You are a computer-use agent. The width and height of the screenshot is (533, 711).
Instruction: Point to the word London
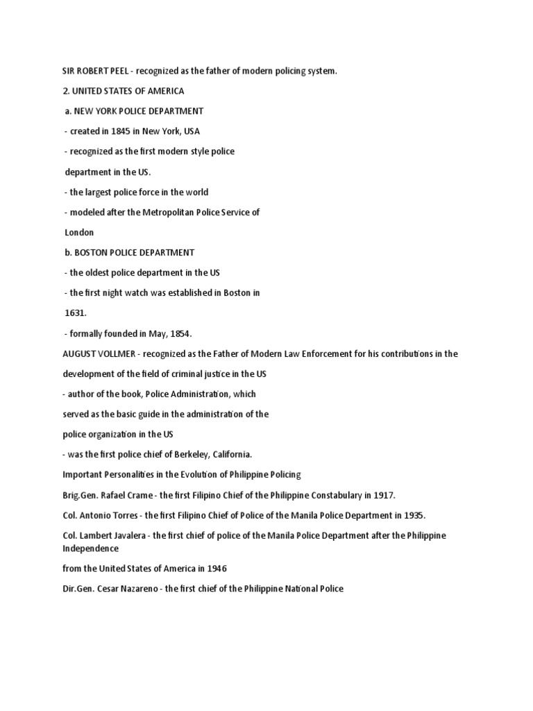tap(79, 233)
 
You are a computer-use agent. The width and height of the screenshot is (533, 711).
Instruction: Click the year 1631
tap(76, 313)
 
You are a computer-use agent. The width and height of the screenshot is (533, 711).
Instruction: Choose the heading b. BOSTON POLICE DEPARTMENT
tap(130, 253)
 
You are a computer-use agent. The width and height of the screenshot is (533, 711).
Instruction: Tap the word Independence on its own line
tap(91, 549)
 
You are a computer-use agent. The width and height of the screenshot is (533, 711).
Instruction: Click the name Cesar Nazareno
tap(126, 589)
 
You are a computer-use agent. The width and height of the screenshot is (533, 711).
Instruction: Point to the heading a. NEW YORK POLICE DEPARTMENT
tap(134, 111)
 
